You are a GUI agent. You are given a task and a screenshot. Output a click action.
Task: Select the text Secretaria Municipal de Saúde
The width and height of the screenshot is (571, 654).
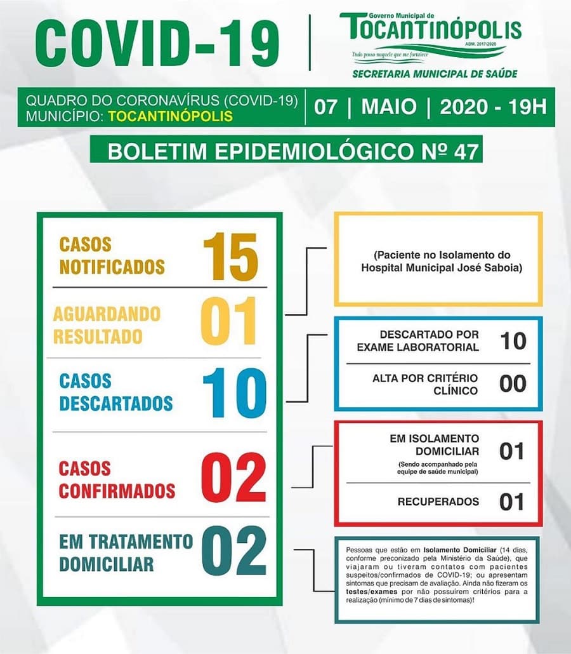(435, 74)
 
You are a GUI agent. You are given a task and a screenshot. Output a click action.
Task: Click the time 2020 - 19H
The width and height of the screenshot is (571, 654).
(492, 106)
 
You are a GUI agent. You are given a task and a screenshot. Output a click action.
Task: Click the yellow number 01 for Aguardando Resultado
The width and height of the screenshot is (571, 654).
(229, 323)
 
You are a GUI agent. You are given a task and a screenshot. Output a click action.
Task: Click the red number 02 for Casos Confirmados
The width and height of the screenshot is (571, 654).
(233, 478)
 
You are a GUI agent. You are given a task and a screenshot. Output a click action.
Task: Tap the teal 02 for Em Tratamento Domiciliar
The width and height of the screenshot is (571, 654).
(234, 551)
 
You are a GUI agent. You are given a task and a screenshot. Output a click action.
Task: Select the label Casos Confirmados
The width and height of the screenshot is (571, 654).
(117, 479)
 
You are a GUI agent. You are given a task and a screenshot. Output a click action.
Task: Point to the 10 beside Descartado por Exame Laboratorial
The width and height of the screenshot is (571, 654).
(513, 341)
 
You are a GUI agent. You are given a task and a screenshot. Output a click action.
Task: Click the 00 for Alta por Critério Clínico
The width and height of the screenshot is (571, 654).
(513, 384)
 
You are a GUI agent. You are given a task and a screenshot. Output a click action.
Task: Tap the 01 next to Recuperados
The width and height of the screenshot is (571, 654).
(511, 502)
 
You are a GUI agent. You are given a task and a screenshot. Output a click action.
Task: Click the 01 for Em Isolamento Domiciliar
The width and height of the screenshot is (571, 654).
(511, 451)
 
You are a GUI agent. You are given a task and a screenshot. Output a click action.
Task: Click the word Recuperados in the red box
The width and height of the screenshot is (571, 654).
(438, 502)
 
